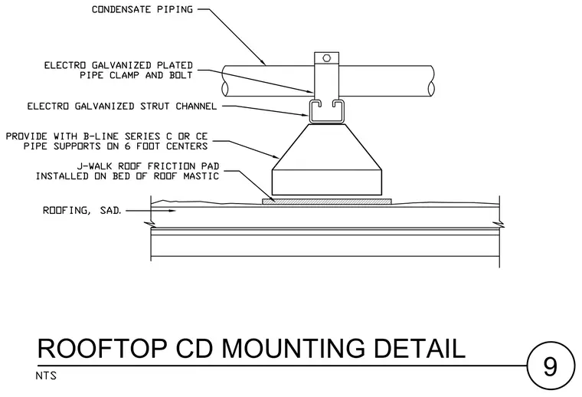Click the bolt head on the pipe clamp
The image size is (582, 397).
327,58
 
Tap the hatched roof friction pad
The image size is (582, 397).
327,202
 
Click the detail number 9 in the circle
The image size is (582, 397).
550,366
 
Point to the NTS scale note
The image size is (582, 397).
46,376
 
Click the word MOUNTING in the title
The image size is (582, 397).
293,349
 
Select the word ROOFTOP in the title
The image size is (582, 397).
103,349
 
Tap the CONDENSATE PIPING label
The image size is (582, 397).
142,10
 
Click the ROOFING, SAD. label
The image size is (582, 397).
82,211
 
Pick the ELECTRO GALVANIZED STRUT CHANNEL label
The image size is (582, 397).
122,107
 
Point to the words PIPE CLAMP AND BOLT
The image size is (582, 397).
136,75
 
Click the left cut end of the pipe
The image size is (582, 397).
224,82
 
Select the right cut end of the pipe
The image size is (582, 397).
431,82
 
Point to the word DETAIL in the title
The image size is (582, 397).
420,349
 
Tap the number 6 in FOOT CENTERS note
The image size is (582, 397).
127,146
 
